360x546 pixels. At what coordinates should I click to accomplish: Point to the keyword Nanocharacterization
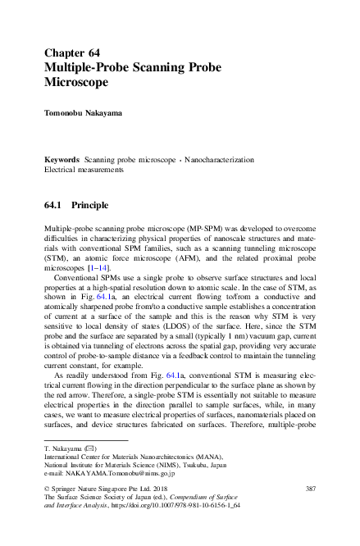coord(219,159)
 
